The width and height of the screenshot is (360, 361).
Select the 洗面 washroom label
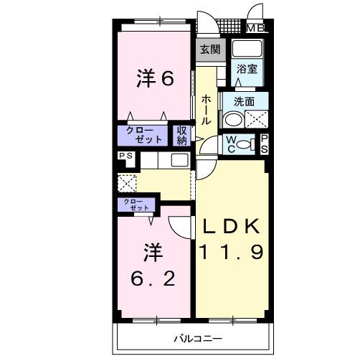coord(244,101)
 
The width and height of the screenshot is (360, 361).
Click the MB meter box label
coord(255,29)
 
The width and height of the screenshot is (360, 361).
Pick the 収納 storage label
coord(182,135)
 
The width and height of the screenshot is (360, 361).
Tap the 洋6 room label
coord(155,79)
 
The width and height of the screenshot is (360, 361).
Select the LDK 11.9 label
coord(231,240)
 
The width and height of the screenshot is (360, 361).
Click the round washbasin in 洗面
coord(233,119)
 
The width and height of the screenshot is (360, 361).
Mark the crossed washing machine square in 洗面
coord(257,119)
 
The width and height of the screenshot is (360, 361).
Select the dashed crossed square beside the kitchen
coord(128,182)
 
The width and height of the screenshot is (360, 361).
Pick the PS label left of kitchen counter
coord(126,155)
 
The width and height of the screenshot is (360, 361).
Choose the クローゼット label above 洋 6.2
coord(136,205)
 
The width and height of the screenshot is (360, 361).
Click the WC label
coord(232,144)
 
